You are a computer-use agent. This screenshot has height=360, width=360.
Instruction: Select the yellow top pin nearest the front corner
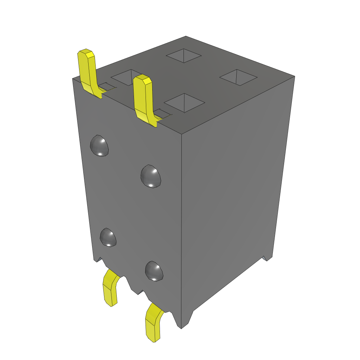pyautogui.click(x=143, y=98)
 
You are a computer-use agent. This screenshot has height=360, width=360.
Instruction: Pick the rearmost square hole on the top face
pyautogui.click(x=184, y=55)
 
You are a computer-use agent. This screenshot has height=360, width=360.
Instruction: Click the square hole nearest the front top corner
pyautogui.click(x=185, y=103)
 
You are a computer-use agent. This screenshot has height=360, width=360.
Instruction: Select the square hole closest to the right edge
pyautogui.click(x=239, y=77)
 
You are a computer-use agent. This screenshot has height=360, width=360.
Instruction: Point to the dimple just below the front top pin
pyautogui.click(x=151, y=176)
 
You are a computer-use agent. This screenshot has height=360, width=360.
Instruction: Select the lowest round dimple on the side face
pyautogui.click(x=154, y=271)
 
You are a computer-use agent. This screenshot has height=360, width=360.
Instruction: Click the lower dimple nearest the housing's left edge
pyautogui.click(x=108, y=237)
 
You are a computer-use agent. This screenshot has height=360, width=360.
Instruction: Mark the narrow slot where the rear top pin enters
pyautogui.click(x=108, y=86)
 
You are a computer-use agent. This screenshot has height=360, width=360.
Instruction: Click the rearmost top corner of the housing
pyautogui.click(x=186, y=36)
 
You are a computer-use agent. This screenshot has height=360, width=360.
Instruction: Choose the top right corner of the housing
pyautogui.click(x=294, y=76)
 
